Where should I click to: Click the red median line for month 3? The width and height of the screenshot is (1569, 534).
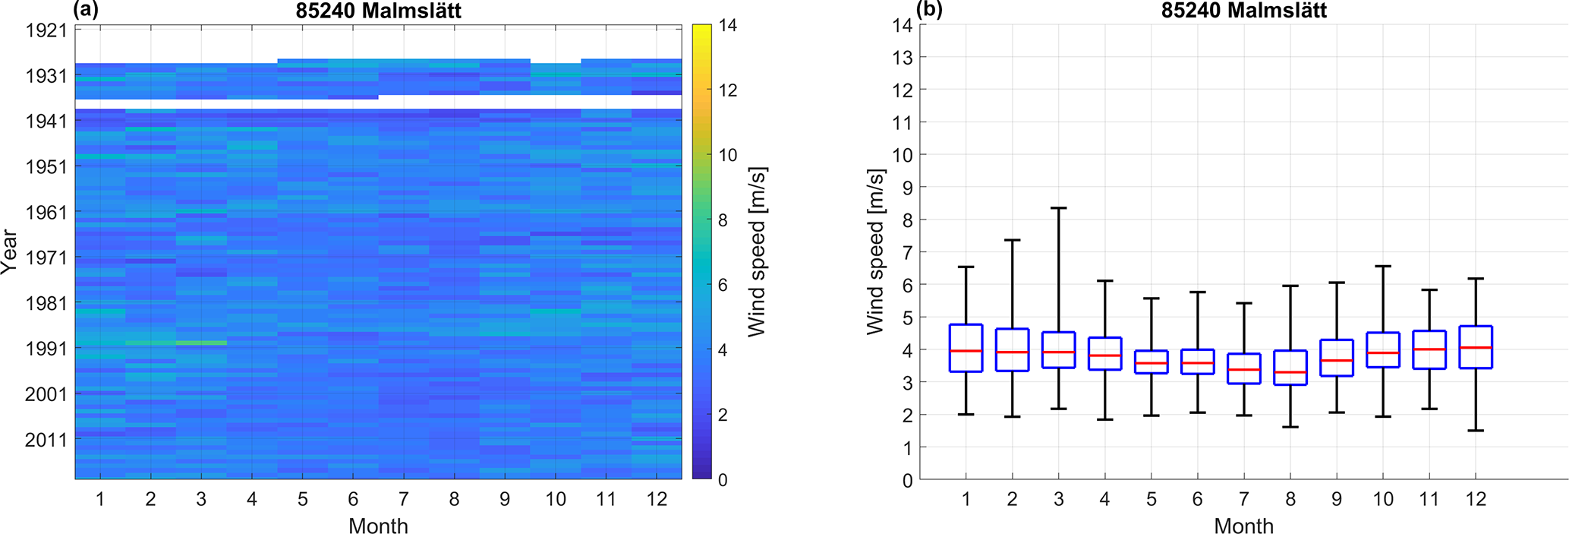point(1058,352)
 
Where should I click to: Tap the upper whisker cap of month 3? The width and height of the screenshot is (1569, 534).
point(1058,207)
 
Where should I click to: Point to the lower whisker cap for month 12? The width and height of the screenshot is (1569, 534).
point(1476,431)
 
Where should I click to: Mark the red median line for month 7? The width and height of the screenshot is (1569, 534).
point(1243,369)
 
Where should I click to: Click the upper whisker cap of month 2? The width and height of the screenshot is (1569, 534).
point(1012,240)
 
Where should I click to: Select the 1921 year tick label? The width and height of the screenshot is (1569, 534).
point(46,31)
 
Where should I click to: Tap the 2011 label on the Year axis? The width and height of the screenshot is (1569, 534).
point(46,440)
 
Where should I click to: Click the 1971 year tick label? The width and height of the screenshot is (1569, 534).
point(46,258)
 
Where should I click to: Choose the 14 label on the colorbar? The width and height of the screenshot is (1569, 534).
point(728,25)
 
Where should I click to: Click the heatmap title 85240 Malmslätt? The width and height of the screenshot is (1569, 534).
point(378,10)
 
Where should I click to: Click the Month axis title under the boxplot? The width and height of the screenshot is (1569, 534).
point(1243,526)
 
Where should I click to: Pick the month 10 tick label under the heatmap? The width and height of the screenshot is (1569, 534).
point(555,499)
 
